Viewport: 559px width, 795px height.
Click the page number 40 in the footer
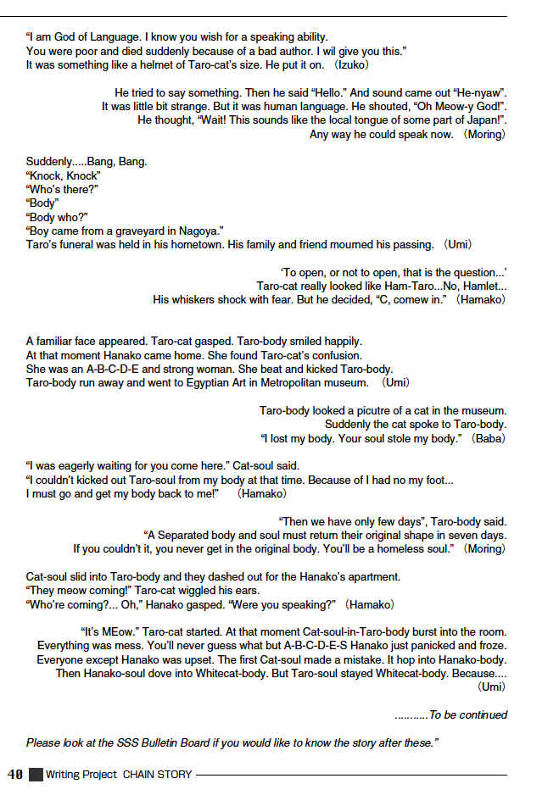[14, 774]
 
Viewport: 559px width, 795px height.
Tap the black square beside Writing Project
[35, 774]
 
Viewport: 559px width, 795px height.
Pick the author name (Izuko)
[349, 64]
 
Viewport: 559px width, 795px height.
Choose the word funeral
[79, 245]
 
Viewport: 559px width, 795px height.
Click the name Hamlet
[472, 286]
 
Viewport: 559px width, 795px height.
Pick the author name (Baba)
[489, 438]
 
